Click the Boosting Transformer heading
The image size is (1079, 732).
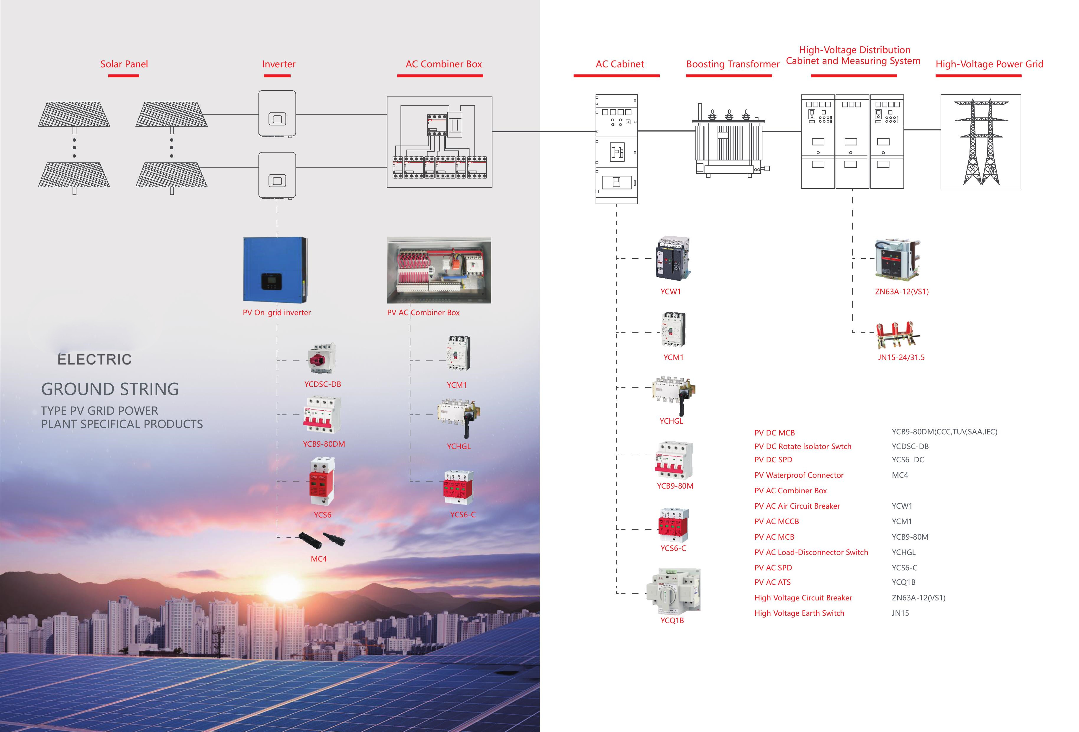(x=733, y=64)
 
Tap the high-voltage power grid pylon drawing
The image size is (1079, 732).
(x=980, y=142)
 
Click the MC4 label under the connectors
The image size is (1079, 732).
(x=318, y=559)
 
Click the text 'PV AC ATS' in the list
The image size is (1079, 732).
(x=772, y=582)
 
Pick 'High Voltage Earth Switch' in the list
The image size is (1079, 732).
(x=799, y=613)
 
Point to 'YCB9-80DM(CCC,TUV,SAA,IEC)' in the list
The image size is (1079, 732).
(x=944, y=432)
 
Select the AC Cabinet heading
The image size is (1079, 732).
(x=620, y=64)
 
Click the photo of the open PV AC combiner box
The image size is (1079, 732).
(x=439, y=270)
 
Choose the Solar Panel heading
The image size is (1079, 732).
(x=124, y=64)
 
